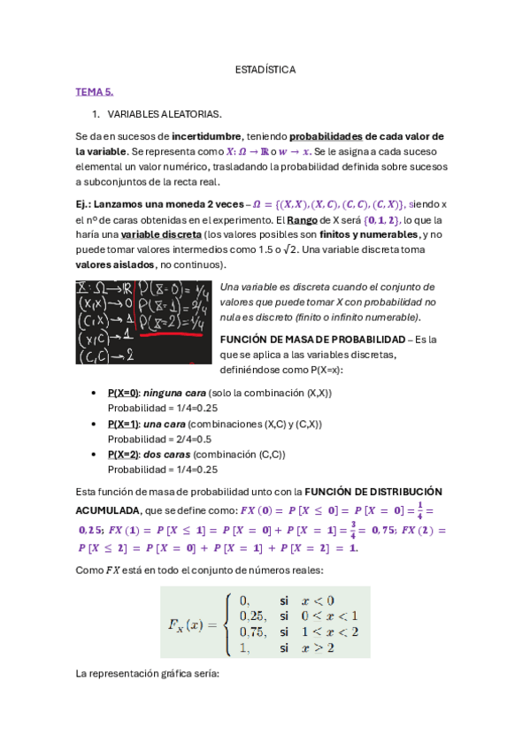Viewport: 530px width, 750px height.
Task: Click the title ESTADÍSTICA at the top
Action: point(265,69)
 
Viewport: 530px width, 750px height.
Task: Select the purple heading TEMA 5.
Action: point(95,91)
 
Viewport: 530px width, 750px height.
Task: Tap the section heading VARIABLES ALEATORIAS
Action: point(165,114)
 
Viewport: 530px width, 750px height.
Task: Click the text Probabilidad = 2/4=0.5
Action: point(159,439)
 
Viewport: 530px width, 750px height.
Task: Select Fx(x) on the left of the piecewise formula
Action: point(193,624)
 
